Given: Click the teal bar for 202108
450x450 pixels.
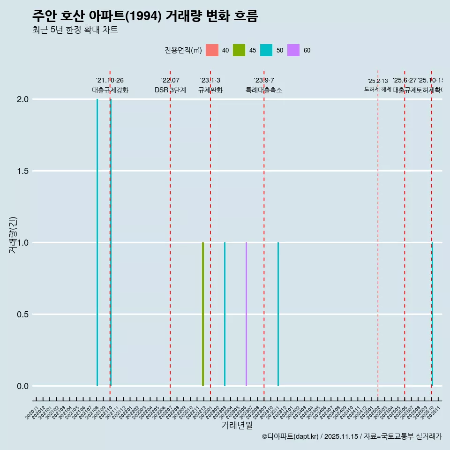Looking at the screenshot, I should (x=97, y=242).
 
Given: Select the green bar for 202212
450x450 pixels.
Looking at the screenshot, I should (x=203, y=314).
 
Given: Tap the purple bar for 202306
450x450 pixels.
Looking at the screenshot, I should (x=246, y=314).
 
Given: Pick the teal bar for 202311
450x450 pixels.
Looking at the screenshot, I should (x=278, y=314).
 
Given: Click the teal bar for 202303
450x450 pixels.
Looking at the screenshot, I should (x=225, y=314).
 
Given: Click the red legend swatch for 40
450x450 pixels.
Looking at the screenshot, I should (x=212, y=50).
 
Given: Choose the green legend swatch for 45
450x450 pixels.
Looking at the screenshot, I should (x=239, y=50).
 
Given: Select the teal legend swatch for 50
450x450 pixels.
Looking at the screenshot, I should (x=266, y=50).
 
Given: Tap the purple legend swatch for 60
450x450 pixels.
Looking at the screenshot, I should (x=293, y=50).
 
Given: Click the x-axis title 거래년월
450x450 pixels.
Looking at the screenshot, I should (x=237, y=426).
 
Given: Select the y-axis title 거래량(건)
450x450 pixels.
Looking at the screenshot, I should (x=13, y=235).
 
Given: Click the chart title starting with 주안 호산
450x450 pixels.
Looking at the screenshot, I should (x=145, y=16).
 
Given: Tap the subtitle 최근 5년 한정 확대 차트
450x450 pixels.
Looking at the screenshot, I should (x=75, y=30).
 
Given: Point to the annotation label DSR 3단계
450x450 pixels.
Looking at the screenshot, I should (x=170, y=90).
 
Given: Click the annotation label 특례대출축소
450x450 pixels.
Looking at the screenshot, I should (x=264, y=90).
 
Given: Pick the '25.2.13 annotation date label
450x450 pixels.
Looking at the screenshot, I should (x=378, y=81).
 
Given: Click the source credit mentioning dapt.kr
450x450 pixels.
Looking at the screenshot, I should (x=352, y=436).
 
